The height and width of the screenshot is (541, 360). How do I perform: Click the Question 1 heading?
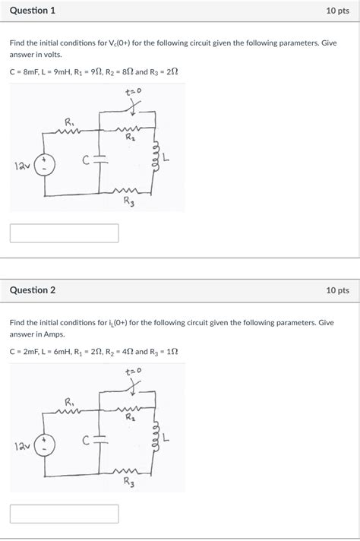33,11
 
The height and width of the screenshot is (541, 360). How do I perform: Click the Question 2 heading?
33,290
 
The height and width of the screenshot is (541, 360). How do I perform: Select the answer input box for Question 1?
65,233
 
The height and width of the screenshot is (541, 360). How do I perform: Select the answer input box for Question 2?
65,514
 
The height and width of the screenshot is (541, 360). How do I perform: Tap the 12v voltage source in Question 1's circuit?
44,165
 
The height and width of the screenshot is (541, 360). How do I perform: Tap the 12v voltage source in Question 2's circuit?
44,445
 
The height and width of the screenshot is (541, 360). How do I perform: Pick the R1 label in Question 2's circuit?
70,401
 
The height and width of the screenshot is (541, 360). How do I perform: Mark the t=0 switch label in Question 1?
133,93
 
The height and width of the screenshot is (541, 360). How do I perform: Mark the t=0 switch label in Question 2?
133,372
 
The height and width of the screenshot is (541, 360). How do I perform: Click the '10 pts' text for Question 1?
337,11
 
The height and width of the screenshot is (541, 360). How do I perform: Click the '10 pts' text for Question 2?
337,290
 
